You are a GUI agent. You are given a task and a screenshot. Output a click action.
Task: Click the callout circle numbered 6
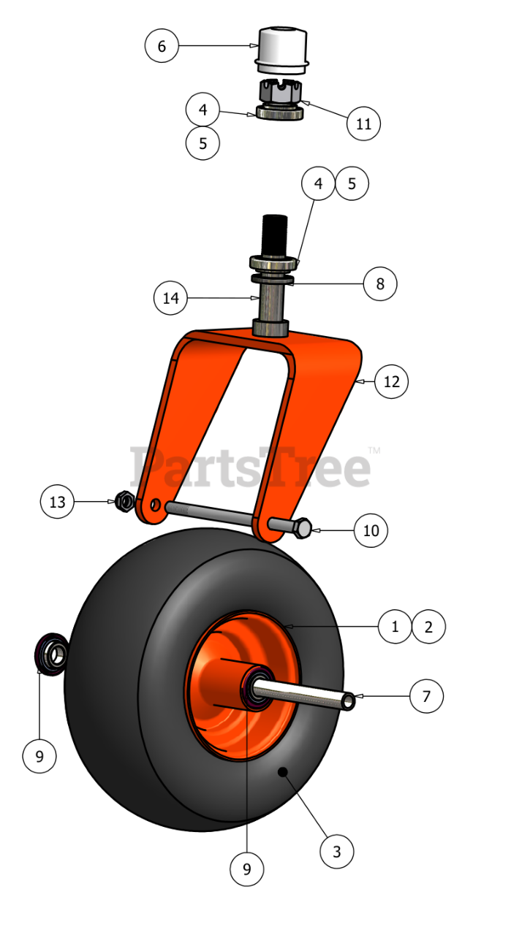pos(162,45)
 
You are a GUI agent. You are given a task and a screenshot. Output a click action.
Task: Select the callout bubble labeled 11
pos(363,123)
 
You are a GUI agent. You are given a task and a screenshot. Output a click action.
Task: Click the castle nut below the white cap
pos(281,91)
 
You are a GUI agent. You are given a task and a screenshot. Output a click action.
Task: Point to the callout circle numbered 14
pos(170,297)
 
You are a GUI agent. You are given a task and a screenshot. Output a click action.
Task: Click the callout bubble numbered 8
pos(380,284)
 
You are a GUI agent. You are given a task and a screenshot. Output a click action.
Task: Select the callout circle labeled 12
pos(392,381)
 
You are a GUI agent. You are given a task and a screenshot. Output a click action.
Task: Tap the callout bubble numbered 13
pos(57,502)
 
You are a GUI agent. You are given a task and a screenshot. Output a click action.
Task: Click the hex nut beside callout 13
pos(124,501)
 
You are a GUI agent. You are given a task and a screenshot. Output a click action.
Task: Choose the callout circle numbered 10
pos(371,530)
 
